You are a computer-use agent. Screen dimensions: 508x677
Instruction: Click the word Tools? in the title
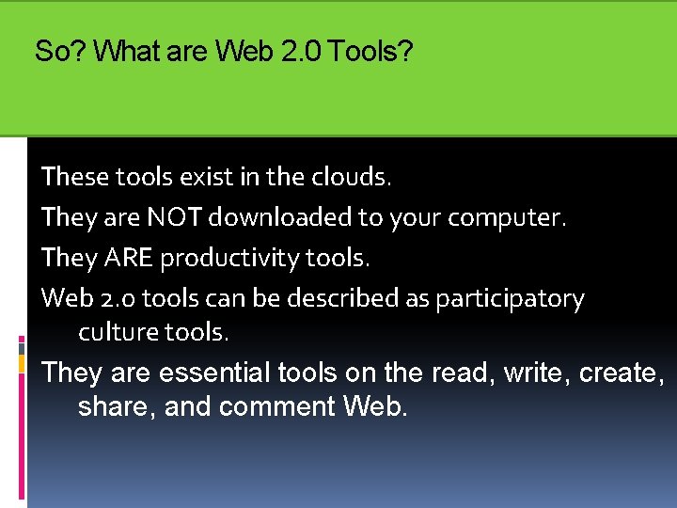click(x=372, y=52)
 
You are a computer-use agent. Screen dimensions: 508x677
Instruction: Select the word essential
click(x=215, y=373)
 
